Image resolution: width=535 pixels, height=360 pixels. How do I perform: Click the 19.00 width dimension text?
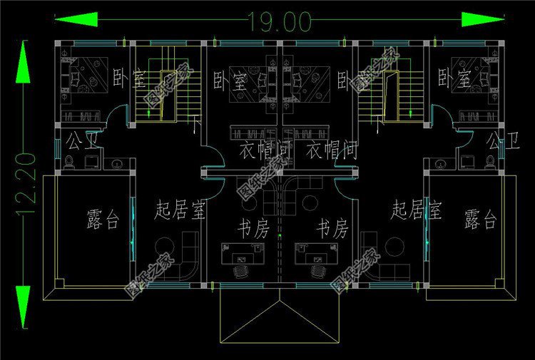280,22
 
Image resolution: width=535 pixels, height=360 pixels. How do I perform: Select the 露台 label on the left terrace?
102,220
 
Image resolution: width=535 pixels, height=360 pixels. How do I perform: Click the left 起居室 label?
180,211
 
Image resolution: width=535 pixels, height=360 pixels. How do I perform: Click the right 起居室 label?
417,210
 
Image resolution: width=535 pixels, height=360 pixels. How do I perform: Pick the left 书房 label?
252,230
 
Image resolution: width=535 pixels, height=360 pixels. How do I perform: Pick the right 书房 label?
332,230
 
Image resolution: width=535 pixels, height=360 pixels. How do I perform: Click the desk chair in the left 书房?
242,272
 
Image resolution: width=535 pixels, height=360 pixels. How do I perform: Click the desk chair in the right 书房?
319,272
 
